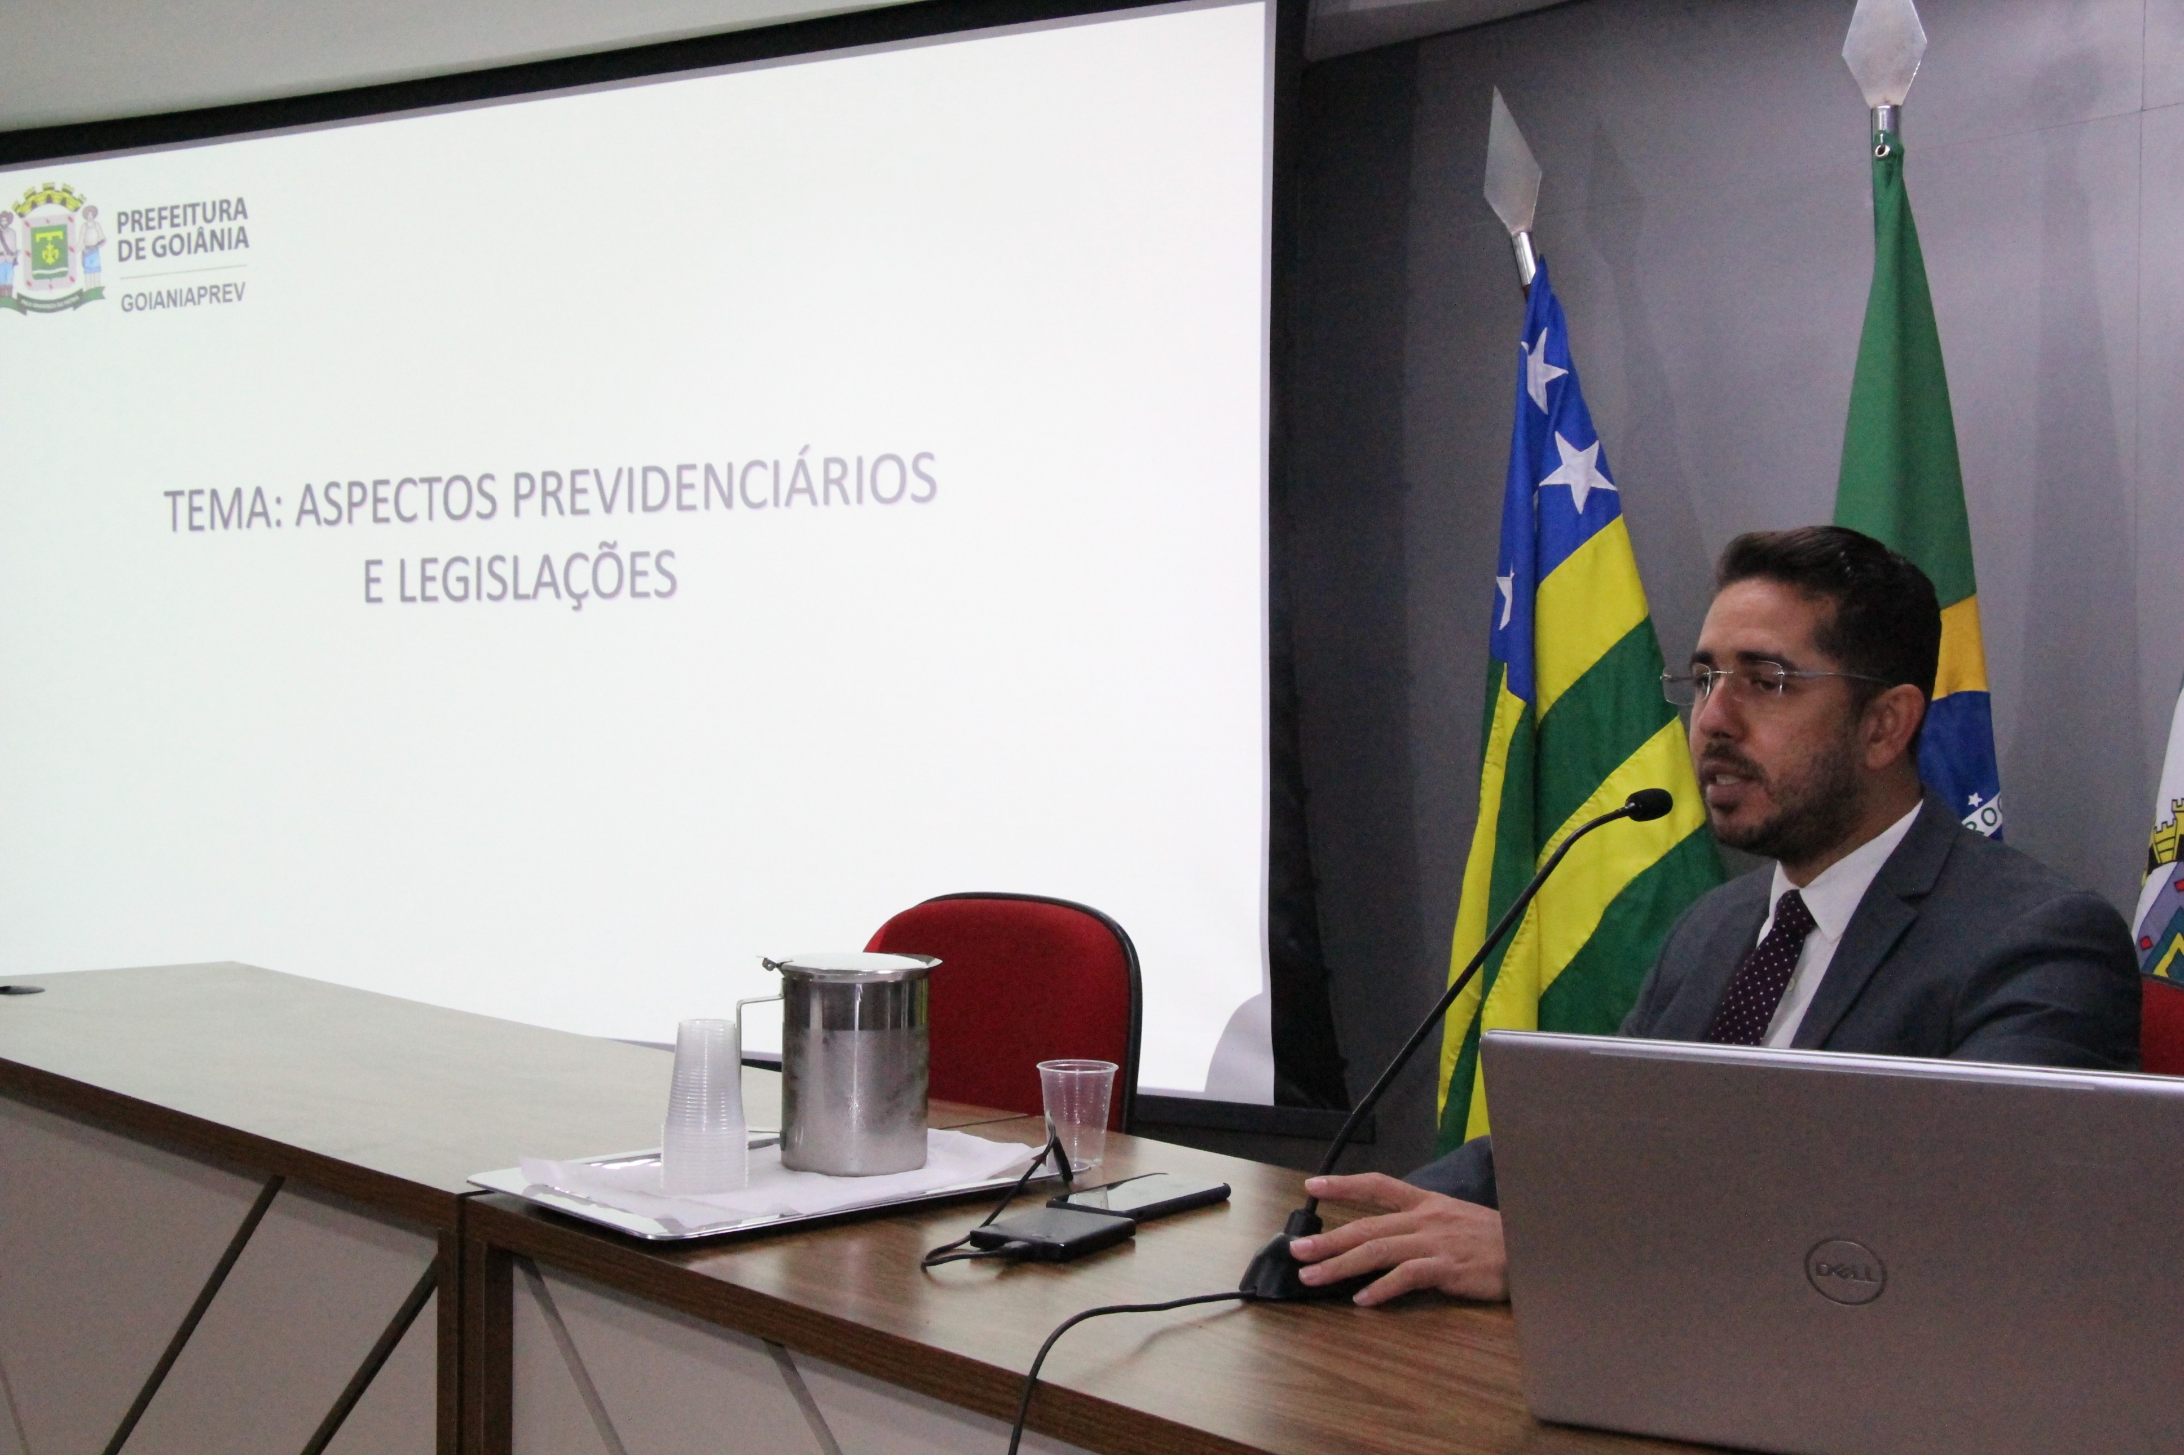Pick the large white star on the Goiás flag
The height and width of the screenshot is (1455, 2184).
[1577, 471]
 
